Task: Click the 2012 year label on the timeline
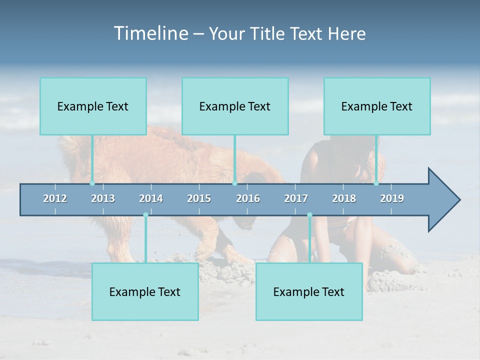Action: pos(55,198)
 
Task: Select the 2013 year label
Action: pos(103,198)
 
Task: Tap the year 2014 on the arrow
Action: pos(151,198)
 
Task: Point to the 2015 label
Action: pos(199,198)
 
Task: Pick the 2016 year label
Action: pos(248,198)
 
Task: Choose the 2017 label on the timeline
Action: pos(296,198)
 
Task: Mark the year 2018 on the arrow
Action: pos(344,198)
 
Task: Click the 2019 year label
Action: pos(392,198)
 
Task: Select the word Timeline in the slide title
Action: pos(150,33)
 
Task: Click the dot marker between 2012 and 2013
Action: pos(92,183)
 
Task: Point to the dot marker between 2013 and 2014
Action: pos(145,215)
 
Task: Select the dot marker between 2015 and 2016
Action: pos(234,183)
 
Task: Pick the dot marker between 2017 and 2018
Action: pos(309,215)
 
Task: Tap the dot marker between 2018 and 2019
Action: pos(376,183)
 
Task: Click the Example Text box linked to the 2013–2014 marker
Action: pos(145,291)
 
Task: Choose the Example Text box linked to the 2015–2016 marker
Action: pos(235,106)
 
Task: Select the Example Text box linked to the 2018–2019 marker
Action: pos(377,106)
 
